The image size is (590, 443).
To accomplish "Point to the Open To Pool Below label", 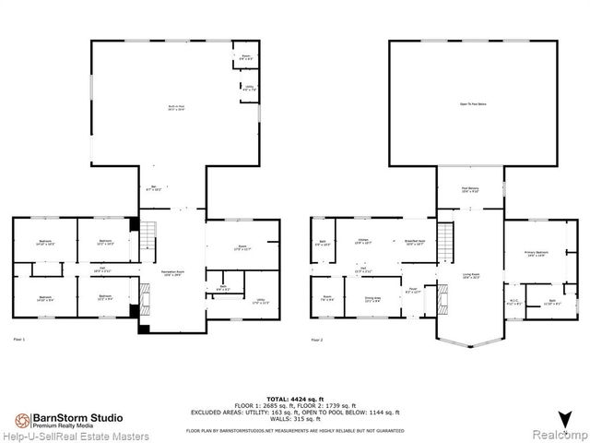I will click(472, 103).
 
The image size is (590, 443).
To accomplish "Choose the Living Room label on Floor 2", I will click(471, 275).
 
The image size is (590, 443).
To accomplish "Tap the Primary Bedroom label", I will click(536, 252).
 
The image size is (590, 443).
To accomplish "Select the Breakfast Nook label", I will click(412, 244).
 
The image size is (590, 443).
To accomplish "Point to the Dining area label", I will click(373, 298).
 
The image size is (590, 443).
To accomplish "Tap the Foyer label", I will click(415, 291).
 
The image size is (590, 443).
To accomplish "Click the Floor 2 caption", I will click(317, 340).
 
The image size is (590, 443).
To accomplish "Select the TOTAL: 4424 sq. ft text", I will click(294, 393).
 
